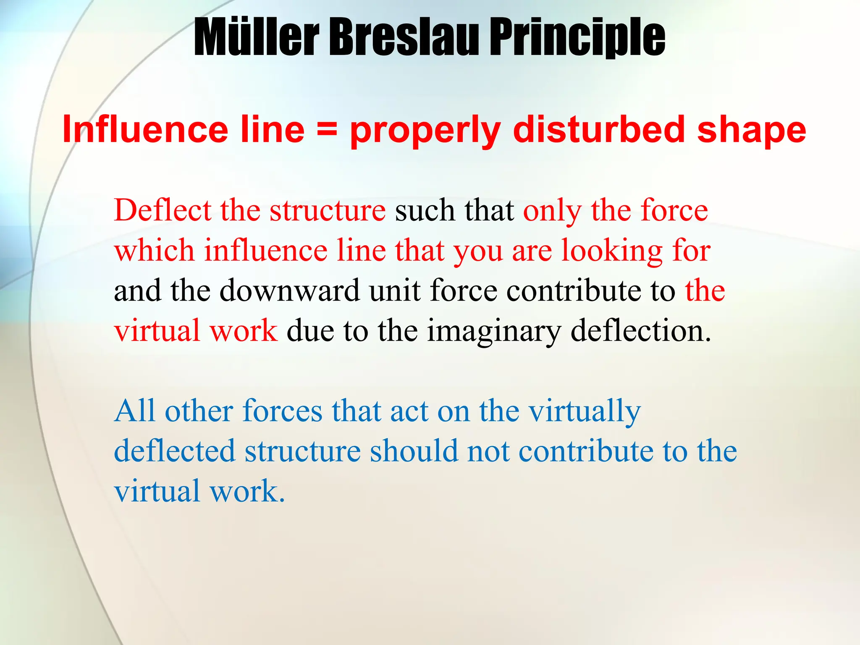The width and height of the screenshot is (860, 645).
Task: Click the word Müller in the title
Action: click(256, 38)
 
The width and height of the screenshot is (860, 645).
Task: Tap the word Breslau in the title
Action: click(403, 38)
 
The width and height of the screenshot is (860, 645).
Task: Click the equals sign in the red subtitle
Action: click(327, 129)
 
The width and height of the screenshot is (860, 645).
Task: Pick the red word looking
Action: click(611, 251)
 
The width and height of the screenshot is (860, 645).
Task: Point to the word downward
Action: click(290, 290)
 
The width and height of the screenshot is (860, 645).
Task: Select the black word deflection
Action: click(641, 330)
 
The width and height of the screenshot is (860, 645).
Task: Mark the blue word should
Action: click(414, 451)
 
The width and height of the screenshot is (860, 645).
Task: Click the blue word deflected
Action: click(174, 451)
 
